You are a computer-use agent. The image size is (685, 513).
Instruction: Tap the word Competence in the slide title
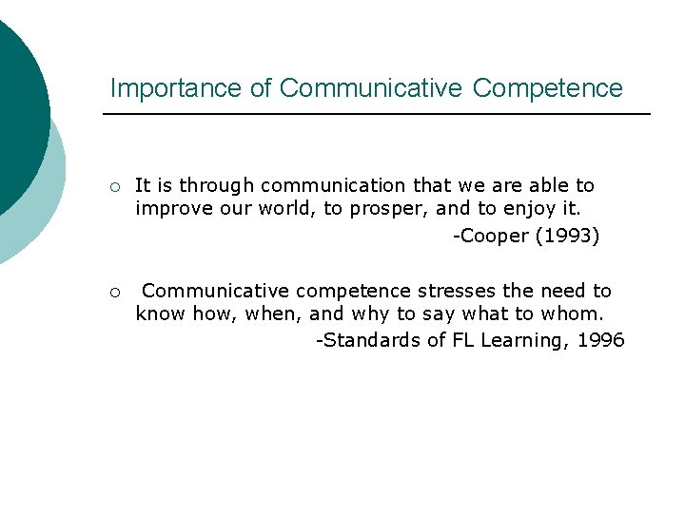pyautogui.click(x=547, y=88)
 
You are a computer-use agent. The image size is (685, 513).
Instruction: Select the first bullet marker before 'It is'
pyautogui.click(x=113, y=186)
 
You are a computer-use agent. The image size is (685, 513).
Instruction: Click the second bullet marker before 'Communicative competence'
pyautogui.click(x=113, y=292)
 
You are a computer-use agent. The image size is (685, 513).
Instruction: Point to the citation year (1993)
pyautogui.click(x=567, y=236)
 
